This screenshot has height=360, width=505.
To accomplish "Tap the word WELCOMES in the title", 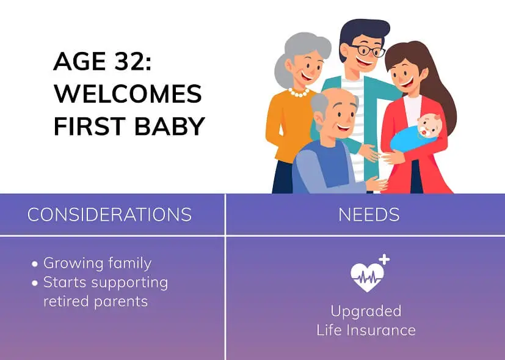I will tap(128, 94).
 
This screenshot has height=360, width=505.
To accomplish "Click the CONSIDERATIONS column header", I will tap(109, 215).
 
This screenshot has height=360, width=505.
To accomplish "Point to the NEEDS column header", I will tap(369, 215).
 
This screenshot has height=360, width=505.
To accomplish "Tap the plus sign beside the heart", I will tap(384, 260).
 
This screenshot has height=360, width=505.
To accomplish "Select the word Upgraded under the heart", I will tap(366, 310).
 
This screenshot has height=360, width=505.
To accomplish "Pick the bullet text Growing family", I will tap(97, 263).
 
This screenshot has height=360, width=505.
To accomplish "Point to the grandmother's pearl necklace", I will tap(299, 92).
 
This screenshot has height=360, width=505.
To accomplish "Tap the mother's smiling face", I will tap(403, 71).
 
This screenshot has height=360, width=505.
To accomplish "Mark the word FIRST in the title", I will tap(84, 126).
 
